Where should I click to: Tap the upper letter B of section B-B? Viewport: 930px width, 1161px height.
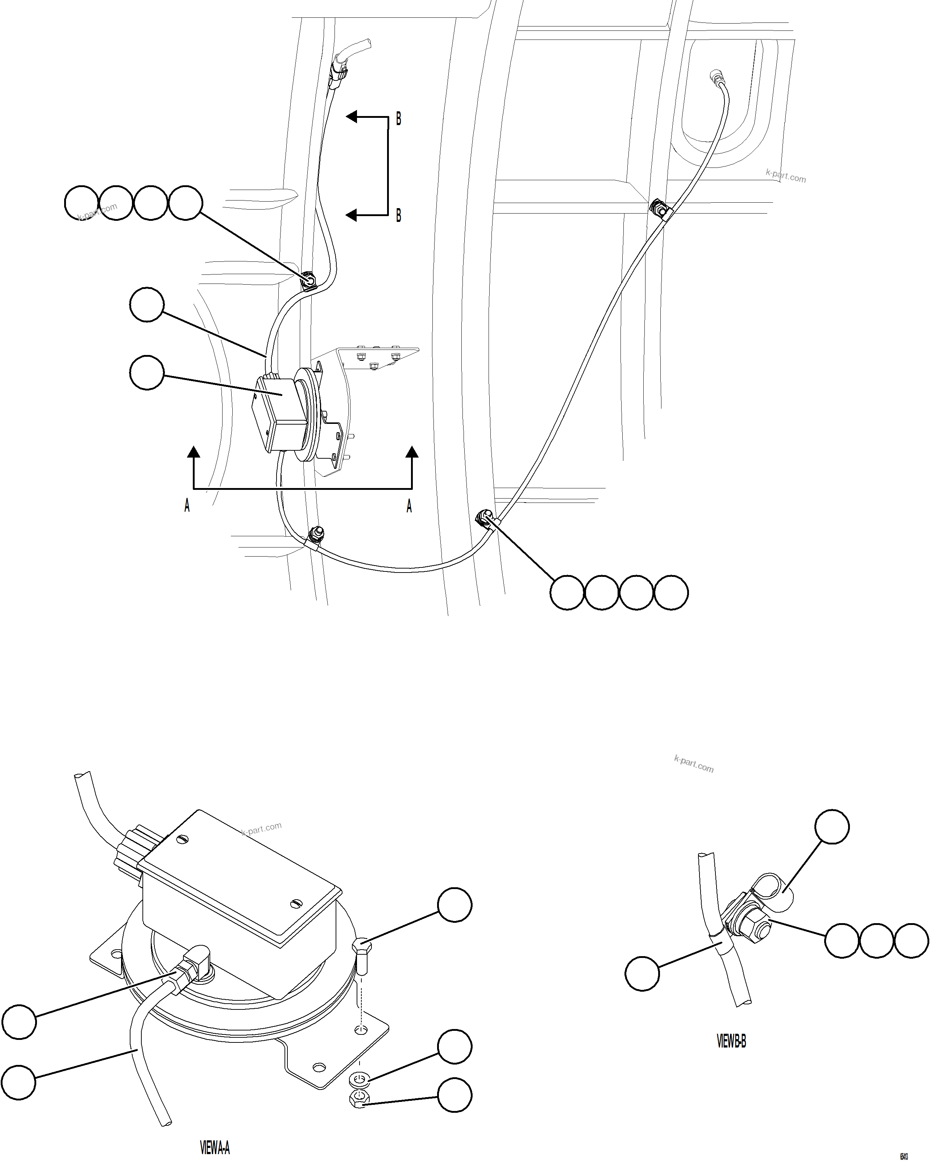(x=398, y=119)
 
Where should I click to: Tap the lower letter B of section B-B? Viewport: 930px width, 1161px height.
(x=398, y=215)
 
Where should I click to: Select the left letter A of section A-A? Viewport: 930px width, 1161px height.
(x=187, y=506)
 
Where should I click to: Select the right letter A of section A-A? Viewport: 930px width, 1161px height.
(x=409, y=506)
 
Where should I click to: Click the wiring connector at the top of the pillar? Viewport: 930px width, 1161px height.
(x=337, y=73)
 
